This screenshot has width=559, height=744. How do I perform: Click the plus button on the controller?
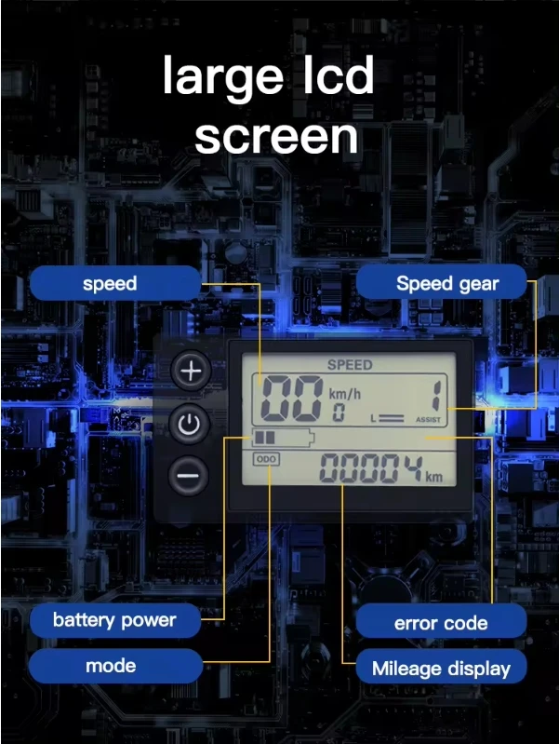[191, 371]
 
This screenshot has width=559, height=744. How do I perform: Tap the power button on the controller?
[189, 424]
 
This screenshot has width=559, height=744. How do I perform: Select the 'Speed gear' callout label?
[442, 283]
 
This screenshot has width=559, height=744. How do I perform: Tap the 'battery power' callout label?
[115, 620]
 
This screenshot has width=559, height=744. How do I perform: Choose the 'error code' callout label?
[441, 622]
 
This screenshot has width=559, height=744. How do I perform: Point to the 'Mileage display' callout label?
[441, 669]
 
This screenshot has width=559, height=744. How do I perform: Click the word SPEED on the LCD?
[350, 365]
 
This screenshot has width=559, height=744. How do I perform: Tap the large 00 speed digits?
[292, 399]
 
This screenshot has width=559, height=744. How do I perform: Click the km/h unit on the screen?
[345, 393]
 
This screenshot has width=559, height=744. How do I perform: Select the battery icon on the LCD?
[283, 438]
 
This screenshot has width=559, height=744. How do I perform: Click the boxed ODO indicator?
[266, 459]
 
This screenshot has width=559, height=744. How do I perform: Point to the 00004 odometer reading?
[371, 468]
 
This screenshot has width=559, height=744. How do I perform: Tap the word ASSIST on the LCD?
[428, 419]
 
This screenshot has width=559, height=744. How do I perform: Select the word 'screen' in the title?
[276, 137]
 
